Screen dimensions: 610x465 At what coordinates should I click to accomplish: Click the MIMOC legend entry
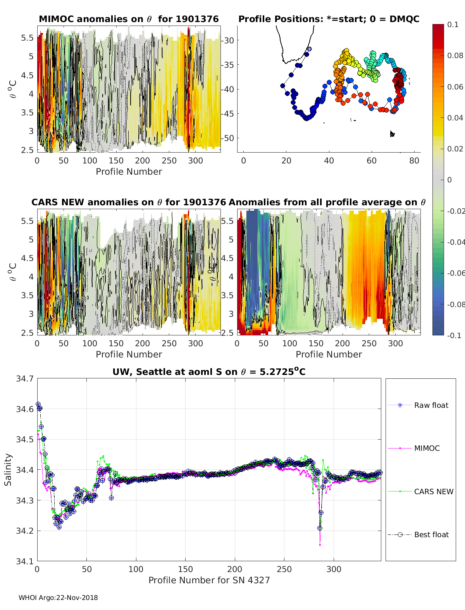427,448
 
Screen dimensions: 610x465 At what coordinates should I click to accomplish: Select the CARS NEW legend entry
433,491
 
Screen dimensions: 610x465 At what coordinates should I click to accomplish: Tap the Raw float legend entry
431,405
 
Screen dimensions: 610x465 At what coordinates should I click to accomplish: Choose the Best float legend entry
431,534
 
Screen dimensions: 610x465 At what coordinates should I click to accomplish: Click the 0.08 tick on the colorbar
455,55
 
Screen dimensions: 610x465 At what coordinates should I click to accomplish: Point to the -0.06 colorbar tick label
455,273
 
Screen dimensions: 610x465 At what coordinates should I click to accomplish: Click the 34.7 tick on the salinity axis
24,379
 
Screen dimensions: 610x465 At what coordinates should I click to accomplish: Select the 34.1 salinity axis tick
24,561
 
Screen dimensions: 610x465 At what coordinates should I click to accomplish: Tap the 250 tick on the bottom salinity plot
284,569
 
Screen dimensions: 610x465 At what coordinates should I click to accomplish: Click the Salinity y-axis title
8,469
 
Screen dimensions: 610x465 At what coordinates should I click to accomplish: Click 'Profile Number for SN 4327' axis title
209,580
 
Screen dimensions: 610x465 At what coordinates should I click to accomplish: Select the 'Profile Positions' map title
329,19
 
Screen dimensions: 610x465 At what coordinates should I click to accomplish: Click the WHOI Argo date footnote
58,598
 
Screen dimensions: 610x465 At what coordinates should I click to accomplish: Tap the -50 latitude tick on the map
229,138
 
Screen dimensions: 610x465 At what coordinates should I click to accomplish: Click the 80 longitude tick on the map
414,160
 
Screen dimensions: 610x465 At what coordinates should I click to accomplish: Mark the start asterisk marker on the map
309,49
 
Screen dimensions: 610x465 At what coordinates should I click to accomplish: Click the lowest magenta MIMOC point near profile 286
320,545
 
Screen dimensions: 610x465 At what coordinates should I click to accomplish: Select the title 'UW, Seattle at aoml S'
209,372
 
